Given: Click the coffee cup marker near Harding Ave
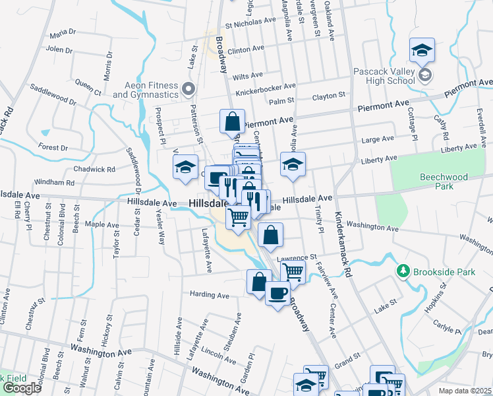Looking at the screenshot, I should (277, 292).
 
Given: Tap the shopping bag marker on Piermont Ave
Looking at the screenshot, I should (232, 121).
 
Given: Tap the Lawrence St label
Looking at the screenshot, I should (297, 257).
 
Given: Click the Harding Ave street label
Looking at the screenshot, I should (209, 294).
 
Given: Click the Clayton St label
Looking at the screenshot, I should (329, 96).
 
